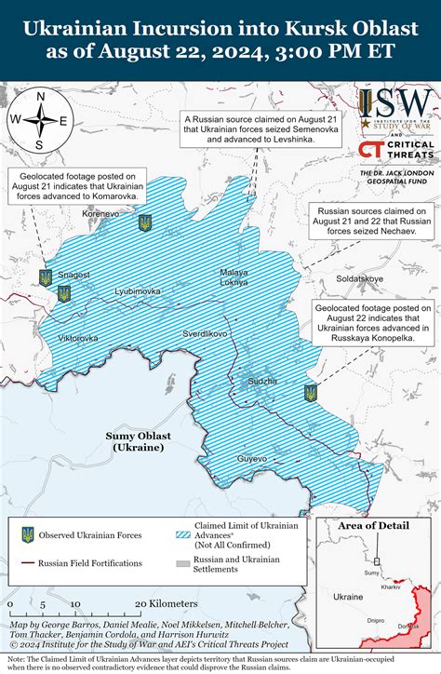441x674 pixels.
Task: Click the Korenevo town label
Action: point(100,213)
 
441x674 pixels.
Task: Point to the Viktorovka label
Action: point(77,337)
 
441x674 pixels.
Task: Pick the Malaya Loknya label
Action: point(234,276)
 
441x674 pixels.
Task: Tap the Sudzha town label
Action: point(263,381)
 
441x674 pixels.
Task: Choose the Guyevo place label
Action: point(251,459)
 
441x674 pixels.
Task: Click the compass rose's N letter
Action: point(39,97)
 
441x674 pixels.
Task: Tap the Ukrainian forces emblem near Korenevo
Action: point(144,222)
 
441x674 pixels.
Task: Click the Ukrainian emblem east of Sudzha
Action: point(311,394)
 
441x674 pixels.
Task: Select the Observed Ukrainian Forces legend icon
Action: point(29,534)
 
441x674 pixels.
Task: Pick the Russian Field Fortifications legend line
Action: point(29,563)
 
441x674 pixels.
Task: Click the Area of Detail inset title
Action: point(372,526)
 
